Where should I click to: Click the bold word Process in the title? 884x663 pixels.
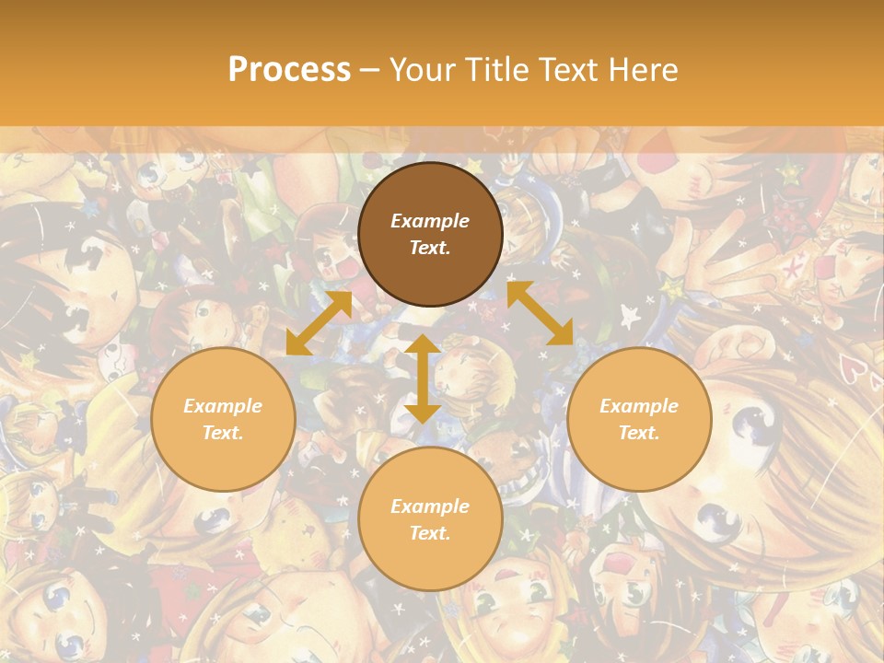[x=289, y=70]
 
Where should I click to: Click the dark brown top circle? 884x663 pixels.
[x=430, y=234]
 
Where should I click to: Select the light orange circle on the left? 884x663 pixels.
[x=223, y=419]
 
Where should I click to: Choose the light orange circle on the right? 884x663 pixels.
[x=639, y=419]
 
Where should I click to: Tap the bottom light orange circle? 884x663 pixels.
[x=430, y=519]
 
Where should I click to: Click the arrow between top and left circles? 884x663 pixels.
[x=319, y=322]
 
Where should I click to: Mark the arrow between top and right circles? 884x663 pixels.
[x=540, y=313]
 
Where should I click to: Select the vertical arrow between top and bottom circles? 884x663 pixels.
[x=423, y=378]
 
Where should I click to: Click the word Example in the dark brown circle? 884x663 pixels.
[x=430, y=221]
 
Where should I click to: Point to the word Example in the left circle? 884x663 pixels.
[x=223, y=406]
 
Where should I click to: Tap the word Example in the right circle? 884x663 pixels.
[x=639, y=406]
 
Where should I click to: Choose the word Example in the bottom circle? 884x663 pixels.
[x=430, y=506]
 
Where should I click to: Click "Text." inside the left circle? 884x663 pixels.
[x=223, y=433]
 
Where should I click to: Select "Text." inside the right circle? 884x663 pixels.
[x=639, y=433]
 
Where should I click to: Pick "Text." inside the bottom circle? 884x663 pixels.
[x=430, y=533]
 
